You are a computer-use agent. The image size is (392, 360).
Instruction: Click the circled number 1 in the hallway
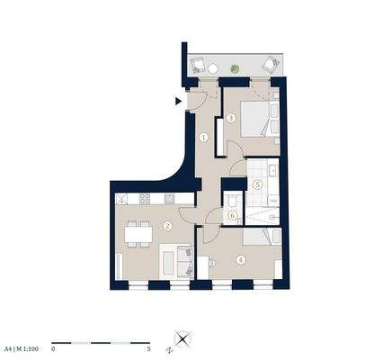click(204, 138)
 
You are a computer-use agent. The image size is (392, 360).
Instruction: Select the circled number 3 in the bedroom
click(231, 118)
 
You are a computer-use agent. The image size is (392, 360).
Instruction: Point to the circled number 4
click(240, 260)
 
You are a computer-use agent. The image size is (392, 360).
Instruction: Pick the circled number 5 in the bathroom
click(257, 184)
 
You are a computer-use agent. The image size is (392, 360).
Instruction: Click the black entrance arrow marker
click(178, 101)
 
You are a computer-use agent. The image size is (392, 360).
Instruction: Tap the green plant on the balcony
click(235, 67)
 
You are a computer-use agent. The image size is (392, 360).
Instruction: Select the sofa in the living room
click(173, 261)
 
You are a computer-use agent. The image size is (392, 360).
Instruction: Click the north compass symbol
click(183, 340)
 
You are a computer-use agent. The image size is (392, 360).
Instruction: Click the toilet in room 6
click(233, 201)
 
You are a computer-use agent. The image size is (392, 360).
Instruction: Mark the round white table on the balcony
click(213, 67)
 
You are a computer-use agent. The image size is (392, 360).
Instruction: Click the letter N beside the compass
click(168, 347)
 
